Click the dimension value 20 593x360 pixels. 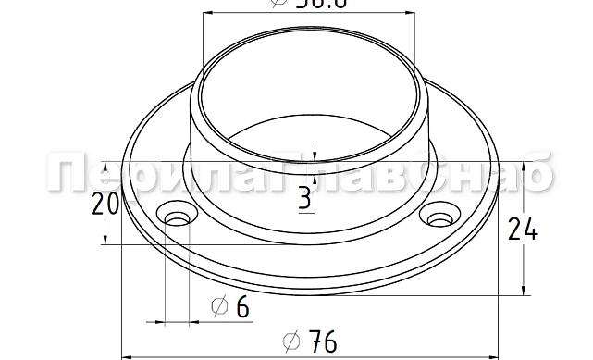[105, 204]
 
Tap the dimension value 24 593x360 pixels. [524, 229]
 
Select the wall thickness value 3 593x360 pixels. [304, 197]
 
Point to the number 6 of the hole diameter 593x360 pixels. [241, 307]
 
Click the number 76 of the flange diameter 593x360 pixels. [321, 341]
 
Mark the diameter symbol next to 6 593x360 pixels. [219, 307]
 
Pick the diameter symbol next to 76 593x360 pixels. [290, 341]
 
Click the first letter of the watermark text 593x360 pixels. [65, 176]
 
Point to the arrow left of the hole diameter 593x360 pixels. [157, 323]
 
